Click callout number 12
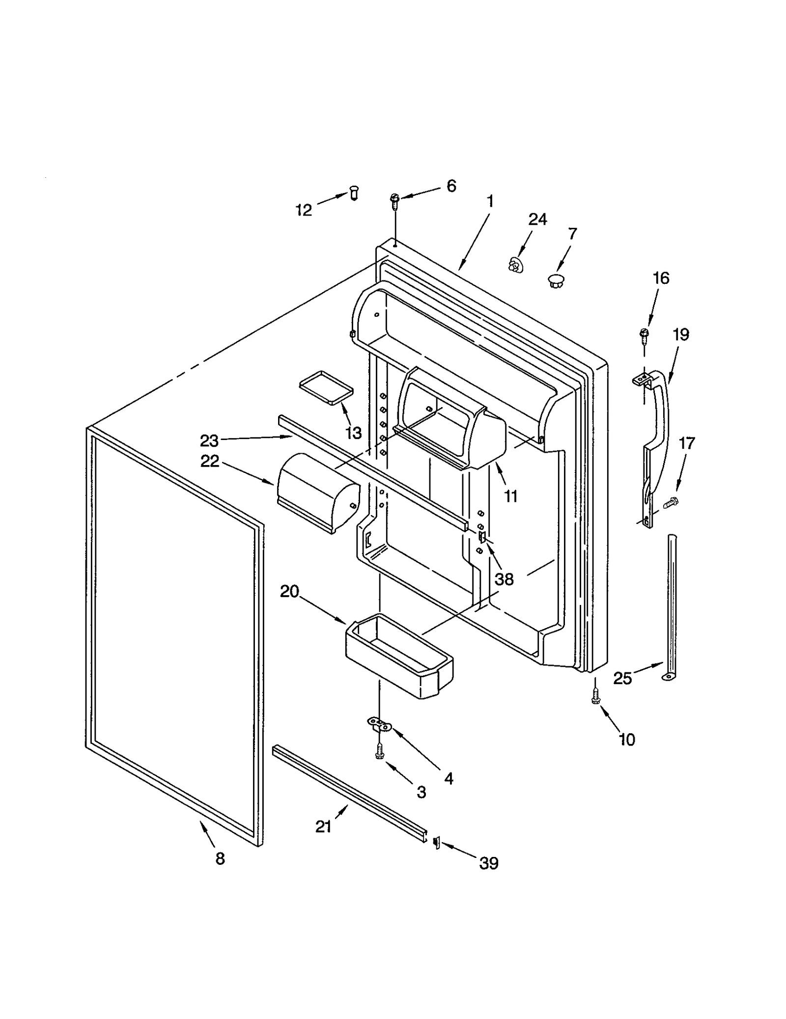point(304,210)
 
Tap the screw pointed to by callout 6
point(394,199)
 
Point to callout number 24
point(537,219)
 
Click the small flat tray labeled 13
point(326,387)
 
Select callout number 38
point(504,579)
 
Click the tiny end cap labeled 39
point(435,843)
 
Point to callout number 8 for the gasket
point(220,858)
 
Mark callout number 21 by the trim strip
point(323,827)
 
